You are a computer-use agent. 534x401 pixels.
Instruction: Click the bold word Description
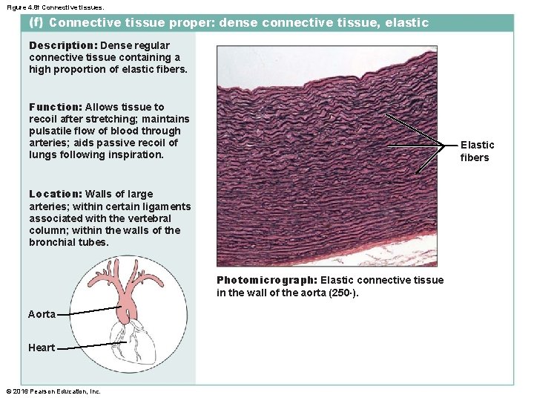[x=62, y=45]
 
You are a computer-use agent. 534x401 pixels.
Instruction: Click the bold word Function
[x=56, y=107]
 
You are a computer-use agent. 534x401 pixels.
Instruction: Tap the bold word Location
[x=56, y=195]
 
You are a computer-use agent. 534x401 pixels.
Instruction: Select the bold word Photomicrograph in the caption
[x=266, y=280]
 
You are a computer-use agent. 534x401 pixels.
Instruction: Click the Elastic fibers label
[x=476, y=151]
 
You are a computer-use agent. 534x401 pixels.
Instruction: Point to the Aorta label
[x=42, y=314]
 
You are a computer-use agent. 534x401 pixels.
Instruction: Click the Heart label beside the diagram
[x=42, y=348]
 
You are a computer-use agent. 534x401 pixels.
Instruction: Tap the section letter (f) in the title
[x=36, y=22]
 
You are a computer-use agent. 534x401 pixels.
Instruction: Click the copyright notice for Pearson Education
[x=53, y=391]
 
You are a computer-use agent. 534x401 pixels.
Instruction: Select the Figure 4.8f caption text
[x=50, y=6]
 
